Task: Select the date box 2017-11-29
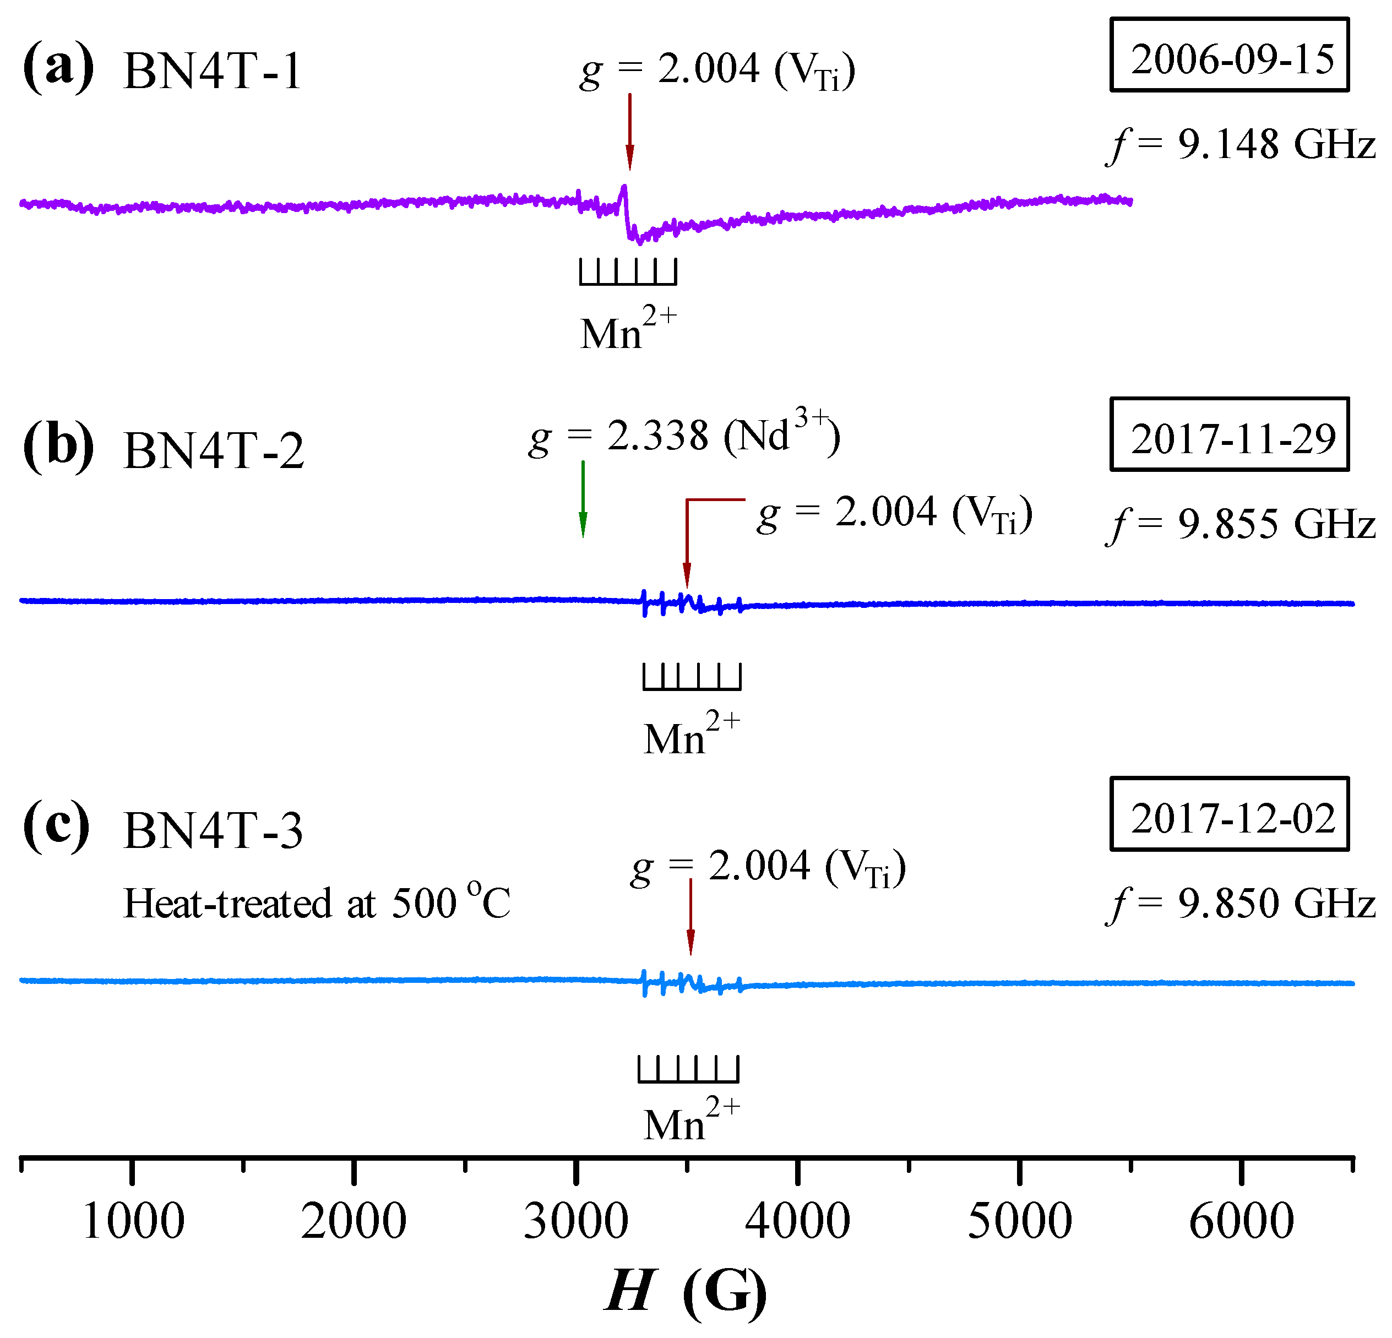[1230, 434]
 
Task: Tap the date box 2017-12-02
[1230, 814]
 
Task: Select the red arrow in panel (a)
[629, 132]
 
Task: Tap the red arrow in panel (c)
[690, 917]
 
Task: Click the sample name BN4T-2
[213, 450]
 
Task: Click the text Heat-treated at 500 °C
[317, 904]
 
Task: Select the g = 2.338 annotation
[684, 436]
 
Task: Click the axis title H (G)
[686, 1291]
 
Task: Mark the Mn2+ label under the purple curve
[628, 328]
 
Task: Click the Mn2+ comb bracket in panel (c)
[688, 1068]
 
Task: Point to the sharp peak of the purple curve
[623, 188]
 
